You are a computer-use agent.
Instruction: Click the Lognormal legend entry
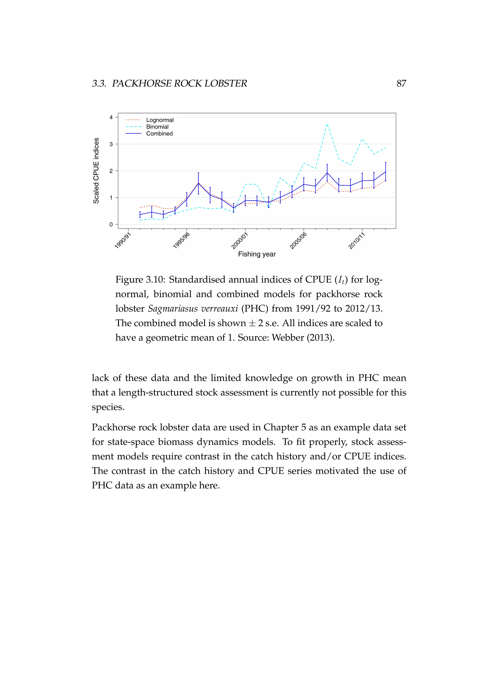[x=160, y=120]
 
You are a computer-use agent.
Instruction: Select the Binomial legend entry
[x=157, y=127]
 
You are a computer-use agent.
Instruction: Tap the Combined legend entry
[x=159, y=134]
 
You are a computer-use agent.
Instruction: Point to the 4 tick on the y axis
[x=111, y=117]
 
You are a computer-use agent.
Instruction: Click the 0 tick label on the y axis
[x=111, y=225]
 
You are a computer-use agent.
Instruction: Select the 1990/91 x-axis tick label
[x=123, y=241]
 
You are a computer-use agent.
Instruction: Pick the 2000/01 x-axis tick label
[x=240, y=241]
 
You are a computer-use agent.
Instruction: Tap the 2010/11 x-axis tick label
[x=357, y=241]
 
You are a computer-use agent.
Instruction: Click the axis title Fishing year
[x=257, y=254]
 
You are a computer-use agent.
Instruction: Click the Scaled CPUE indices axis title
[x=96, y=171]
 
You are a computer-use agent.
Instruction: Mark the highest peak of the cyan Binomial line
[x=327, y=124]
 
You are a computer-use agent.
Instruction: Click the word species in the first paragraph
[x=108, y=407]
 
